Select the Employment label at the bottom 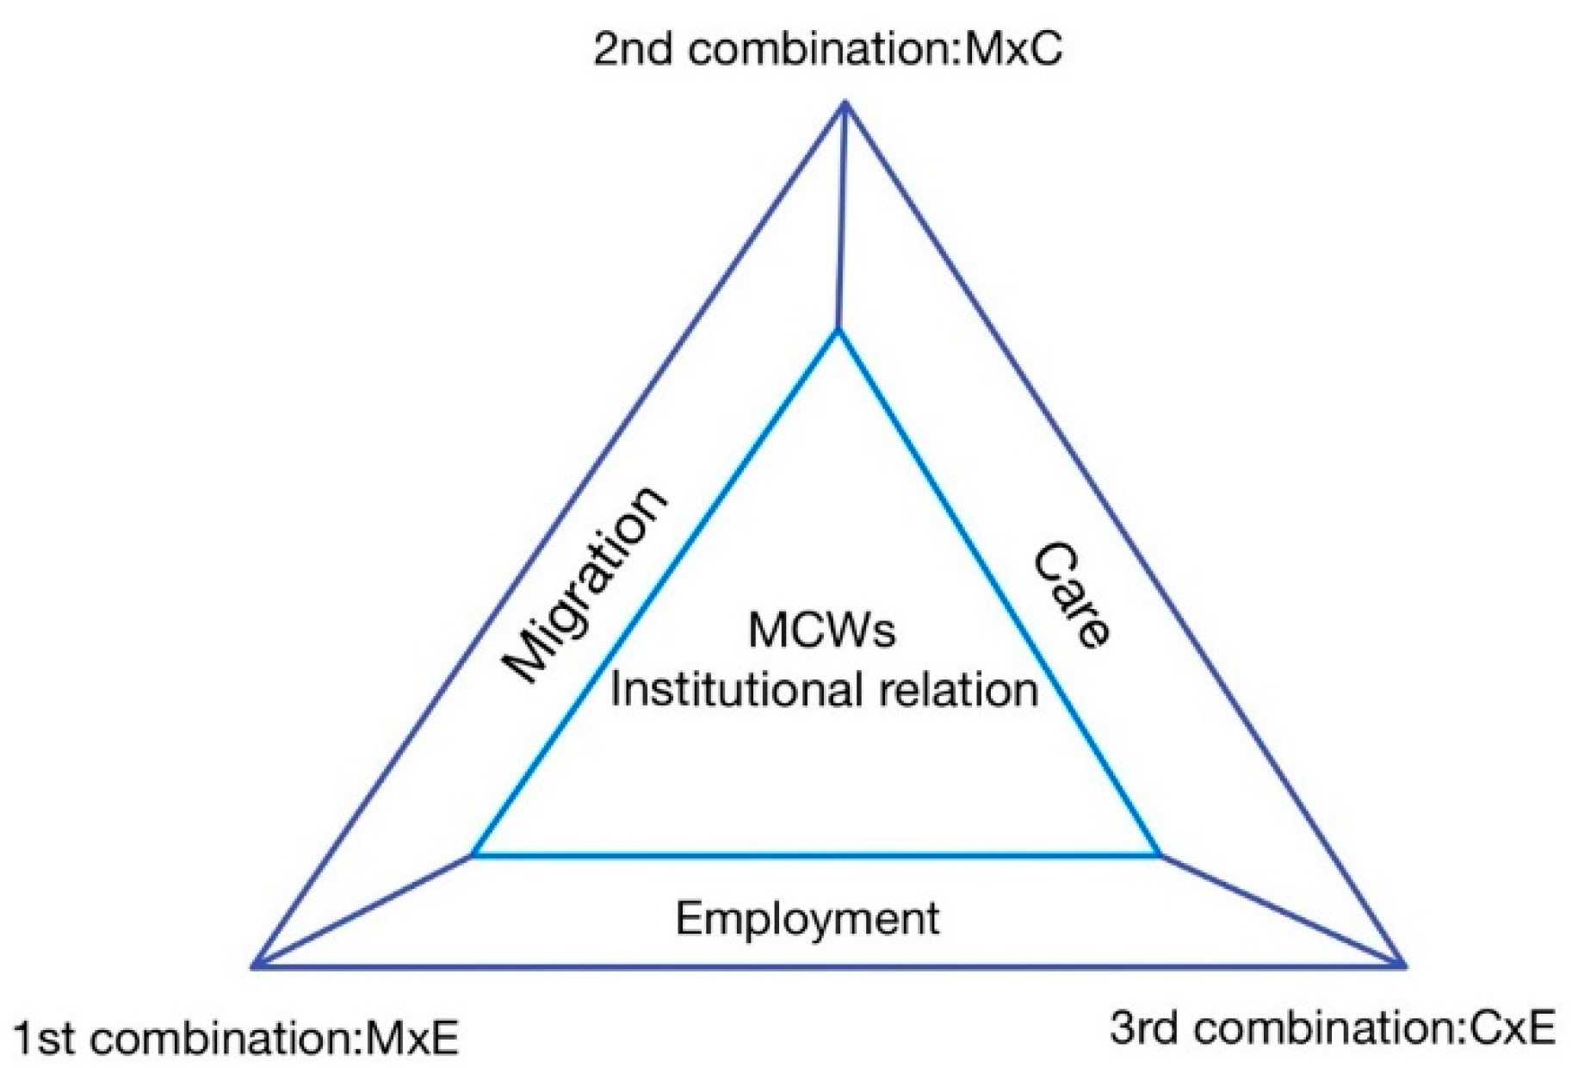807,918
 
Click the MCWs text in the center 821,630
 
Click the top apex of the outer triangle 845,103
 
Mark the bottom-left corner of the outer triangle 254,966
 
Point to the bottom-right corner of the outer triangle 1404,966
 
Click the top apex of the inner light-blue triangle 838,332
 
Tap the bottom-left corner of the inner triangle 473,855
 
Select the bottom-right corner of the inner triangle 1160,855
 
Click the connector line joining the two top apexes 842,215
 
